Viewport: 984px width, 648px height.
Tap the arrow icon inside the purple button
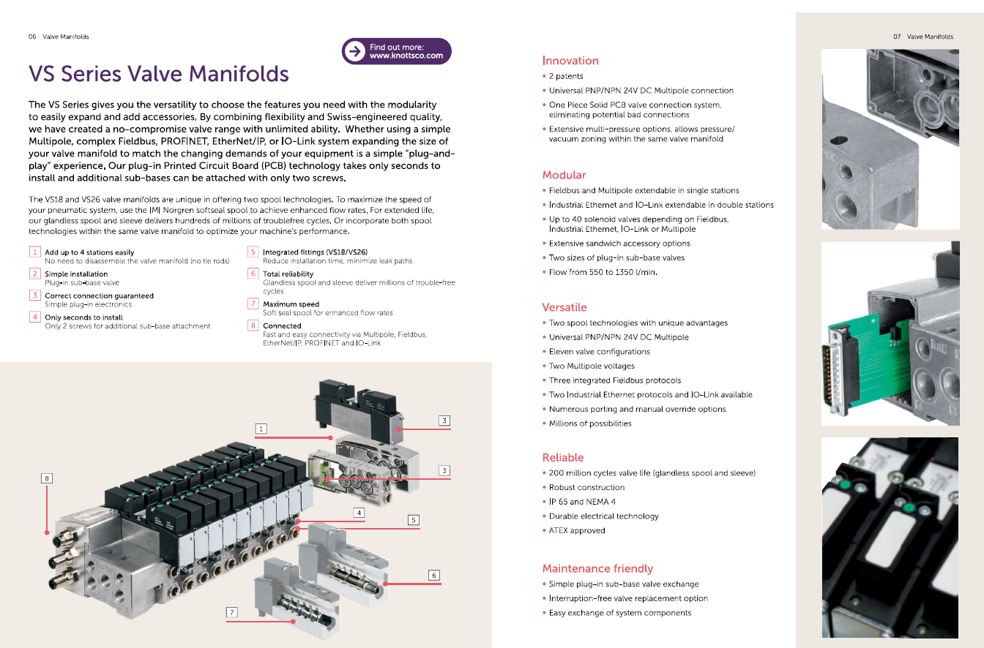point(355,51)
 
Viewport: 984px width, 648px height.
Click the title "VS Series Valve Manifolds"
point(159,74)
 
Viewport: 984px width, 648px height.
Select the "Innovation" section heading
point(570,61)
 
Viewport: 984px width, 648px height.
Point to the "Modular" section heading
point(564,175)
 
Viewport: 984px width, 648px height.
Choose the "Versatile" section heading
point(564,307)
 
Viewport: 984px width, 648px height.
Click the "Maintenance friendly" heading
point(597,568)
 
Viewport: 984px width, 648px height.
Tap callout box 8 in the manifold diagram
point(47,478)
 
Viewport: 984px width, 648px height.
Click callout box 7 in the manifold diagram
point(232,612)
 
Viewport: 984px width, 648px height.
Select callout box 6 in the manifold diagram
point(434,576)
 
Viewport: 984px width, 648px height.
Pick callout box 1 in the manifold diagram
point(261,428)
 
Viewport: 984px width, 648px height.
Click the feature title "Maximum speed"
point(291,304)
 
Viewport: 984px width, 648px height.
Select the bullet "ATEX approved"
point(577,530)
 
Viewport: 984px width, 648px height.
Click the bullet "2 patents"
point(566,76)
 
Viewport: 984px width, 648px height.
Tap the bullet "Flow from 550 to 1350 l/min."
point(603,272)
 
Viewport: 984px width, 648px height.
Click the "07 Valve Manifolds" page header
point(922,37)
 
